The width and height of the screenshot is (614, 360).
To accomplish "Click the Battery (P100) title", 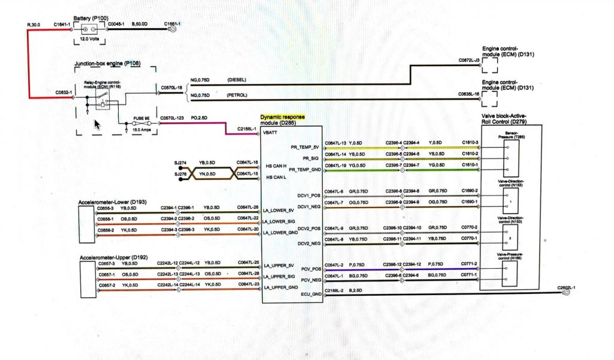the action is tap(91, 19).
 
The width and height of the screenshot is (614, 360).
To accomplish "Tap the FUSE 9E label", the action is tap(142, 119).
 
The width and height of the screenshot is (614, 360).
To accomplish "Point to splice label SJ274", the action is tap(180, 163).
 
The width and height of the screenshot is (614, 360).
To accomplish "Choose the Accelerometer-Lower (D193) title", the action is tap(112, 202).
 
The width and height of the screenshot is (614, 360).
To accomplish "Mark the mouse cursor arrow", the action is tap(97, 125).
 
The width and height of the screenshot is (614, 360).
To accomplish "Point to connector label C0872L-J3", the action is tap(469, 61).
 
